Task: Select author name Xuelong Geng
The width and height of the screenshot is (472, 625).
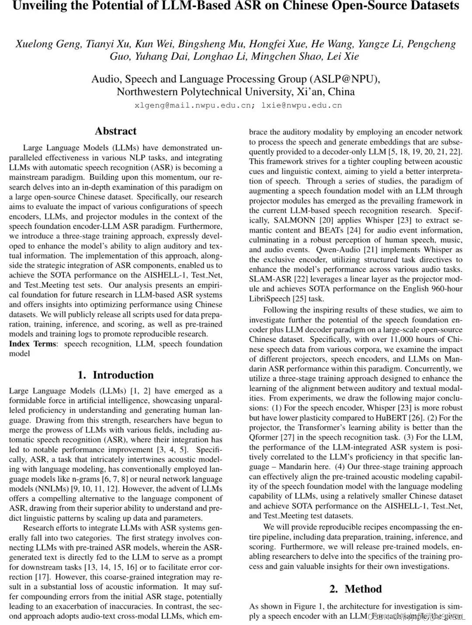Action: (48, 44)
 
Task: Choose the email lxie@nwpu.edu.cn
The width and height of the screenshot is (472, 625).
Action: (302, 105)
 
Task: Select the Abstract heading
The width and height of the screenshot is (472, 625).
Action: (115, 131)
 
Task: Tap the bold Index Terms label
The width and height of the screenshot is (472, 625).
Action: (33, 344)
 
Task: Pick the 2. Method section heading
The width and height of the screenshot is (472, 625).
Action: (355, 589)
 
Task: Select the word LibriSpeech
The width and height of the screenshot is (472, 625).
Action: (270, 299)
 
